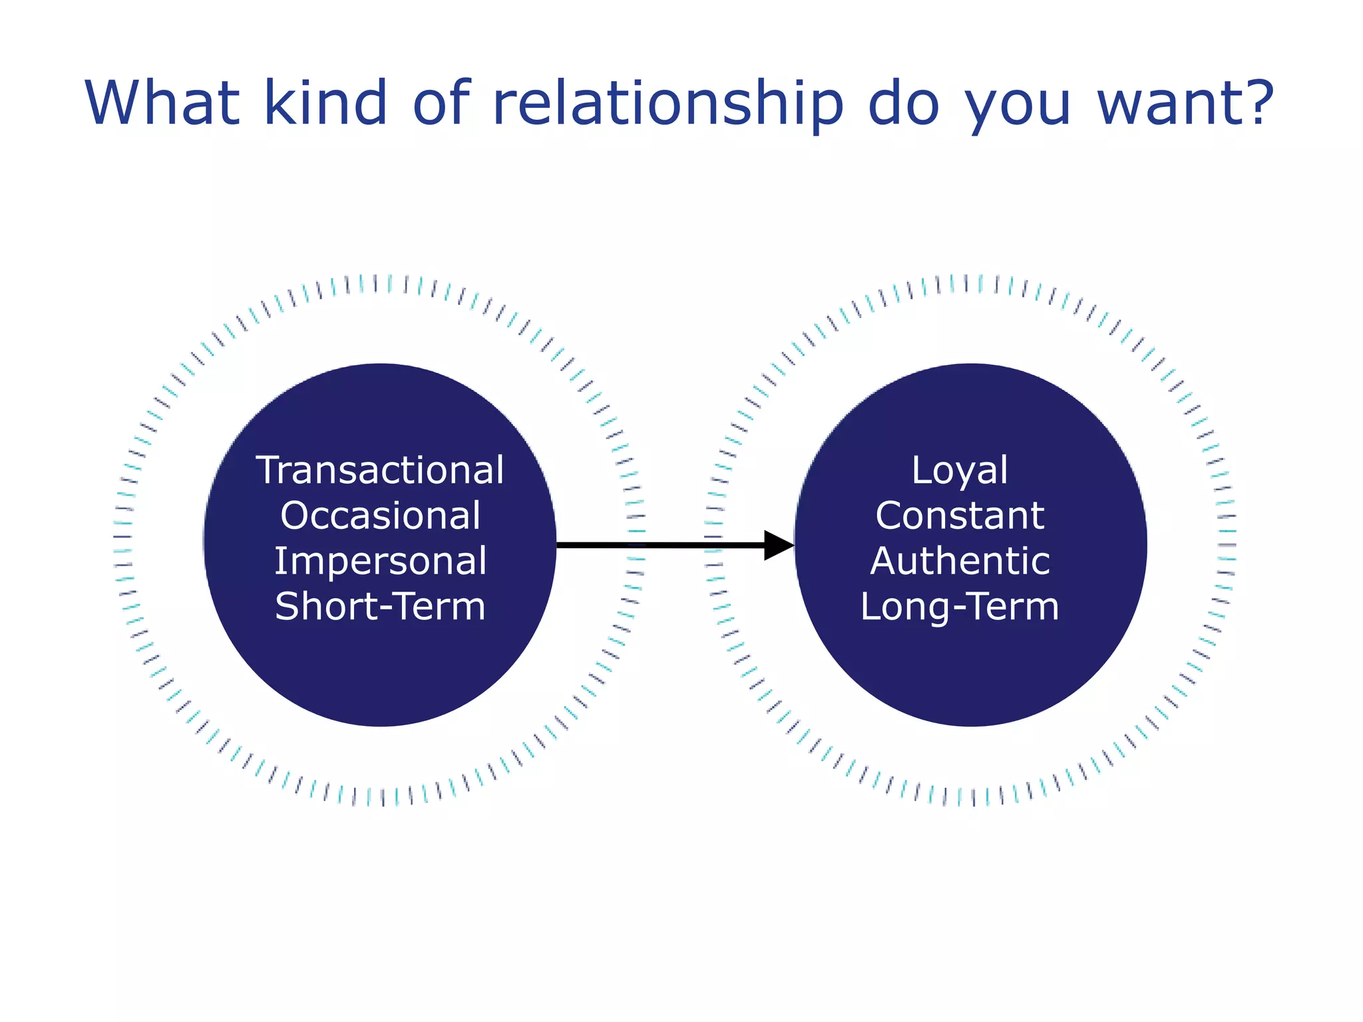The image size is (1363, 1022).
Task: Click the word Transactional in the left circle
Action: coord(380,470)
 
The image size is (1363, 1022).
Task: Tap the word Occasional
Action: coord(380,516)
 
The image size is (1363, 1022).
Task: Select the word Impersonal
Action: coord(380,562)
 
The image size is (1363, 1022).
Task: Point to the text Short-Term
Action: coord(380,607)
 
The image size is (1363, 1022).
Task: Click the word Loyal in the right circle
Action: coord(960,470)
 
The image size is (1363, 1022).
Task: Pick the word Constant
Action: coord(960,516)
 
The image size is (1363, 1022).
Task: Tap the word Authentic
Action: coord(960,561)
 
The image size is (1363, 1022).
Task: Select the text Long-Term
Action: coord(960,607)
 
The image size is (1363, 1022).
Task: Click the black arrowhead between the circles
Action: coord(777,546)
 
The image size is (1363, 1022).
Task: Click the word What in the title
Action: coord(162,103)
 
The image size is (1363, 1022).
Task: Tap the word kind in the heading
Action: coord(325,103)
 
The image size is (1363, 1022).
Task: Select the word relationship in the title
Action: coord(668,103)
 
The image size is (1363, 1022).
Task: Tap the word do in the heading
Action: coord(902,103)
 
